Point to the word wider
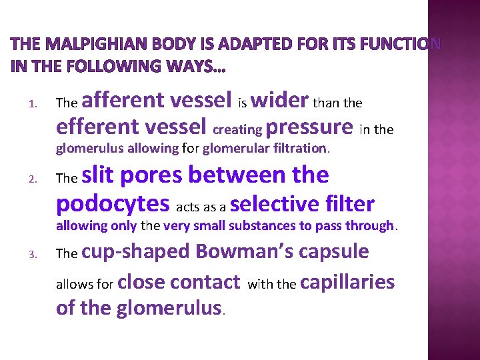[279, 101]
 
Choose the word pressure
[309, 126]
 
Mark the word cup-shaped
[137, 251]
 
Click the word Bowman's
[246, 251]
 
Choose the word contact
[206, 282]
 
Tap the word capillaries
[347, 282]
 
